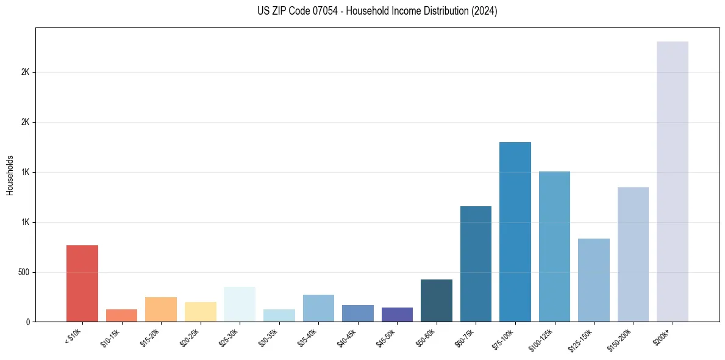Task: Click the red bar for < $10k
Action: pos(82,283)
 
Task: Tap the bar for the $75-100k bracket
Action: pos(515,232)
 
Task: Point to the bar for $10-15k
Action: pos(121,315)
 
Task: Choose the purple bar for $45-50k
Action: pos(397,314)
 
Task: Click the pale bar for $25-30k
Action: pos(240,304)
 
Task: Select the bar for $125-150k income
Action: pos(593,280)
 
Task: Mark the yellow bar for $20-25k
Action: pos(200,312)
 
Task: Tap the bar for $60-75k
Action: pos(476,264)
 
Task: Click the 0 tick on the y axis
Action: pos(29,322)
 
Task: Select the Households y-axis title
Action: pos(10,175)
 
